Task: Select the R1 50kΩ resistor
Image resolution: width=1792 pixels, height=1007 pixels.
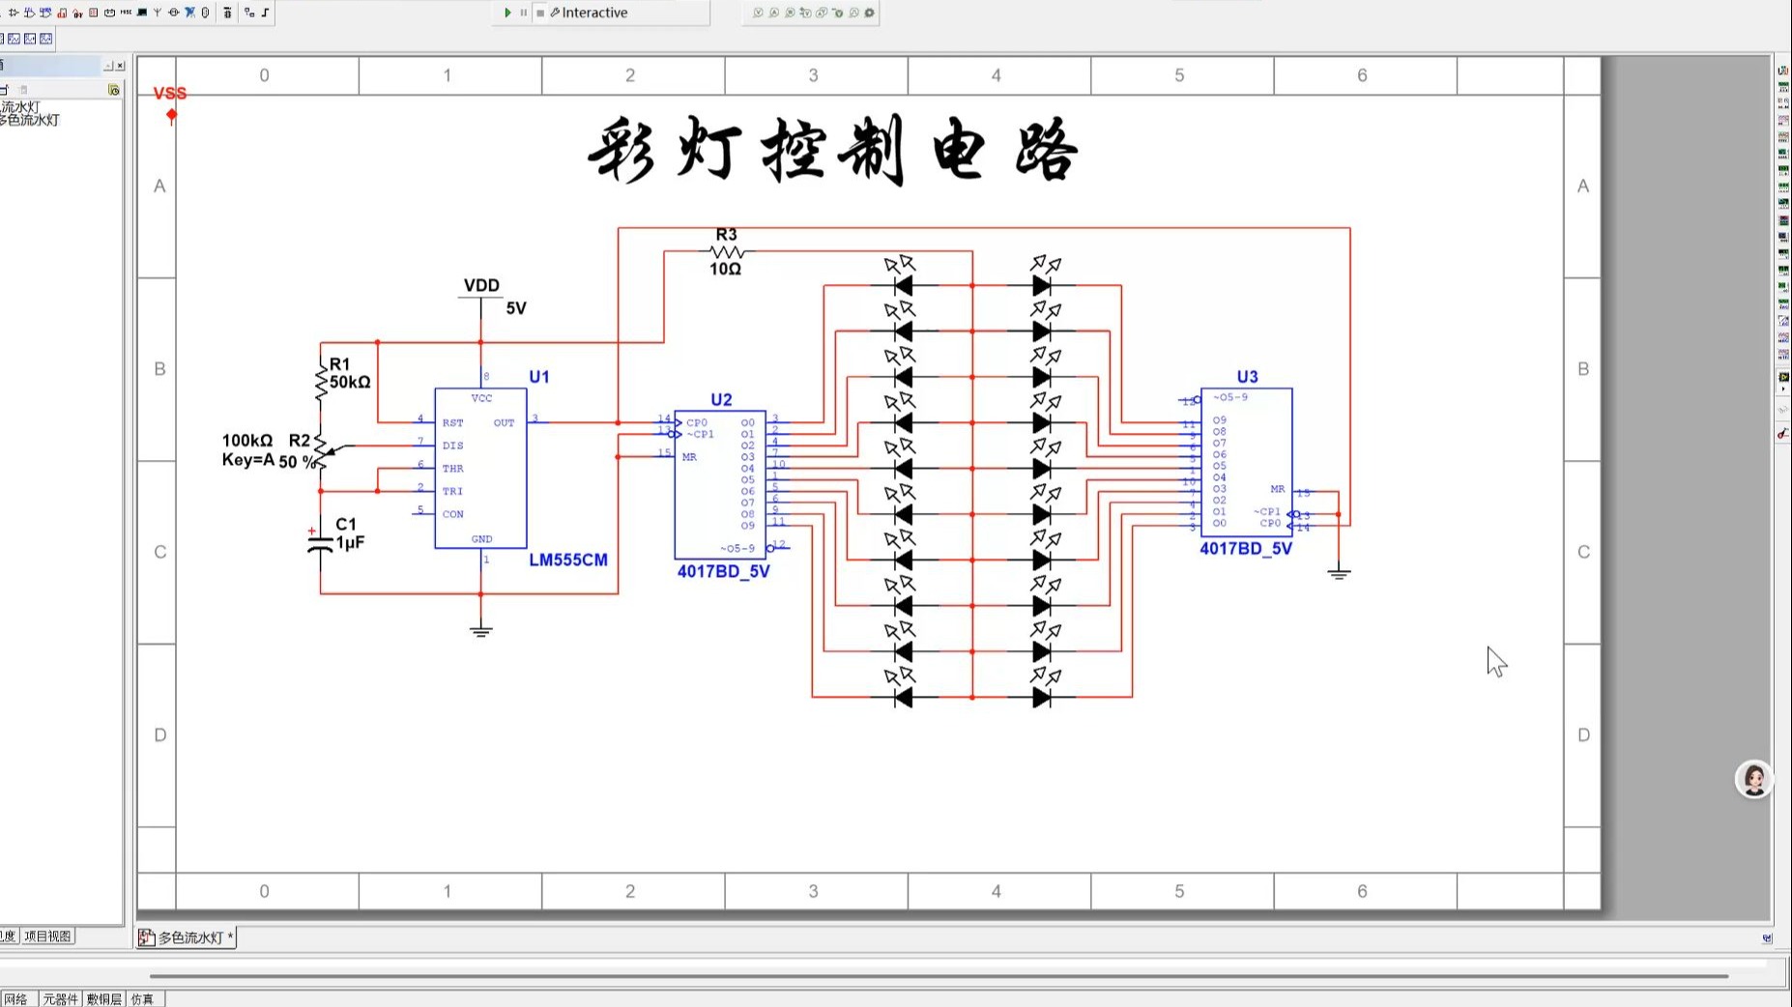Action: point(322,381)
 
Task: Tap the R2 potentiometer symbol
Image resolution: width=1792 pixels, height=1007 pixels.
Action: point(321,451)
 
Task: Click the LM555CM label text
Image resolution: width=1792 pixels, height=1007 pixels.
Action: point(568,561)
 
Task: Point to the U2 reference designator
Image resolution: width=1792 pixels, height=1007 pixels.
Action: point(721,400)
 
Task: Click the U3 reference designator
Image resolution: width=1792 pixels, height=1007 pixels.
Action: point(1247,377)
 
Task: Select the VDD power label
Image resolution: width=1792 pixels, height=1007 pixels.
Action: point(481,286)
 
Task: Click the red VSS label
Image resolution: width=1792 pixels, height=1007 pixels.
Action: point(170,94)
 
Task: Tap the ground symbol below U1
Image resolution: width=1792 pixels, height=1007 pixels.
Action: point(481,631)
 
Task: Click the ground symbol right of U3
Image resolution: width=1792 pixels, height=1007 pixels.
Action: point(1339,574)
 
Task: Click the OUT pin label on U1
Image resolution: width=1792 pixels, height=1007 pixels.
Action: point(504,423)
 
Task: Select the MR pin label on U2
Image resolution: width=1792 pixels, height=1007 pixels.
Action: point(689,457)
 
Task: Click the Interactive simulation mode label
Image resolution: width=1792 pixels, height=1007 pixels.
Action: point(594,13)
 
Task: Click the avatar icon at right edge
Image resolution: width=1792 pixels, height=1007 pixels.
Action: point(1753,779)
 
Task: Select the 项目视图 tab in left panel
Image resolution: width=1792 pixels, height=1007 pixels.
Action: point(47,936)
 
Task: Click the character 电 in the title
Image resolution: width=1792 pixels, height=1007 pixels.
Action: point(959,152)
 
